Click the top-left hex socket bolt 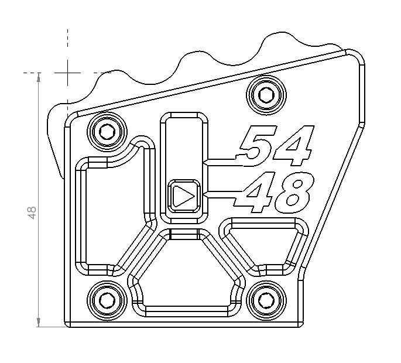[107, 132]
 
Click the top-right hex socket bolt [266, 94]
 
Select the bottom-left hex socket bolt [107, 300]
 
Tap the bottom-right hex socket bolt [266, 300]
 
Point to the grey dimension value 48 [32, 212]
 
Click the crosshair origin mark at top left [68, 73]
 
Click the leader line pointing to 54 [220, 160]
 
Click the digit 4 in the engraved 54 [293, 146]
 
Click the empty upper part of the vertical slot [184, 146]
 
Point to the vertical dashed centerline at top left [68, 47]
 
